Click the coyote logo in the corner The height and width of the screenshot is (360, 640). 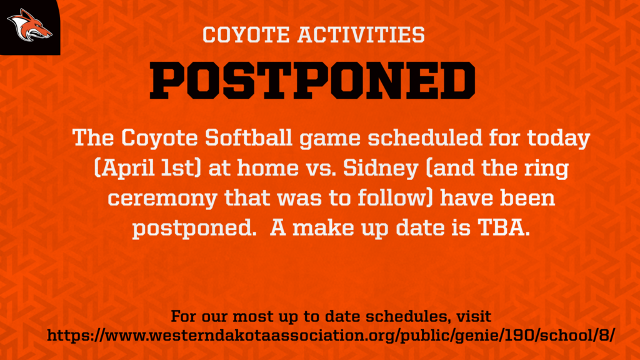click(29, 26)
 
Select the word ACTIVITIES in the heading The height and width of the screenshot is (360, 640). click(361, 35)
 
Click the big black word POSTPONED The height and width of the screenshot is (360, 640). click(312, 81)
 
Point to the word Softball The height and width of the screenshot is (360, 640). click(249, 137)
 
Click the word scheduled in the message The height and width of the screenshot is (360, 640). click(425, 137)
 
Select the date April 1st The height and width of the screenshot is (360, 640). click(147, 168)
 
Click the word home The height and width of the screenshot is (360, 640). click(267, 167)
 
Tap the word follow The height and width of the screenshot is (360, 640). click(392, 197)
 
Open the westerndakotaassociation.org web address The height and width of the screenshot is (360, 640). click(331, 336)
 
